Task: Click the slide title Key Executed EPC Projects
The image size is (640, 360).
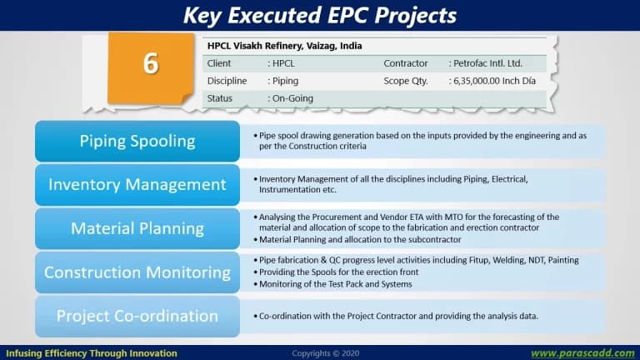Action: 320,15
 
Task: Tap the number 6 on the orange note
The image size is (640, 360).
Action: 151,63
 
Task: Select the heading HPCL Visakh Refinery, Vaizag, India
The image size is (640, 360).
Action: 284,46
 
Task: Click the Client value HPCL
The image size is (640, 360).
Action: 283,63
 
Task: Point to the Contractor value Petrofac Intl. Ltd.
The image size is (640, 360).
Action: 487,63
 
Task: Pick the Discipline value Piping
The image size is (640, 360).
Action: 285,81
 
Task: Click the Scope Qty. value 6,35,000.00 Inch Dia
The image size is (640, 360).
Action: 494,81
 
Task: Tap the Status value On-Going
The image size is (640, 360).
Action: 292,98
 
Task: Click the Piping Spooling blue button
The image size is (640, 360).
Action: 137,141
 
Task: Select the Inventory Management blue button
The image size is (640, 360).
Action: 137,185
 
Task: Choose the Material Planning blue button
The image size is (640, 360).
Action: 137,228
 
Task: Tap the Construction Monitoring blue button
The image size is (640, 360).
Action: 137,272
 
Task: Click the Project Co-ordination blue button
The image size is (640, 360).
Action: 137,317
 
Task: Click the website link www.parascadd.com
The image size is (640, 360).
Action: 582,353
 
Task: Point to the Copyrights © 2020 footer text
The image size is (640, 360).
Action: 325,353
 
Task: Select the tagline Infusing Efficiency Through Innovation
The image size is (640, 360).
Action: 92,353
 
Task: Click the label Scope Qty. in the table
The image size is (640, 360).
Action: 405,81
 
